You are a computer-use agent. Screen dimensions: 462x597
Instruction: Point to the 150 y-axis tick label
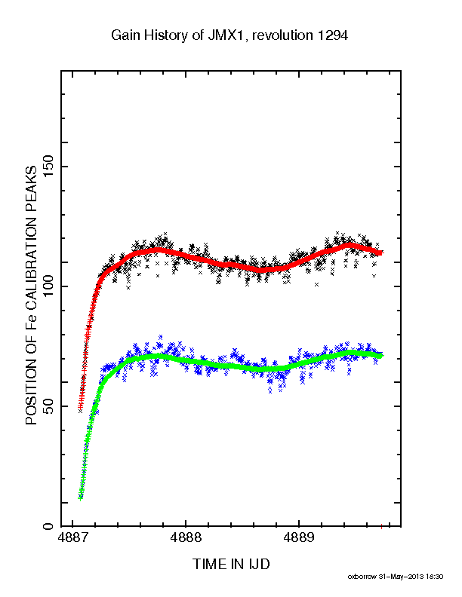point(49,167)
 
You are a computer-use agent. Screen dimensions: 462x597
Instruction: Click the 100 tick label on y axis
point(49,286)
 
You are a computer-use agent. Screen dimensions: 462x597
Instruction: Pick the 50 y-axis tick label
point(49,406)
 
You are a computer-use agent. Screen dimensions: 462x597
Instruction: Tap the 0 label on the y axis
point(49,526)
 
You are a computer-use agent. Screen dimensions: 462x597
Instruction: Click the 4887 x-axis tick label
point(72,537)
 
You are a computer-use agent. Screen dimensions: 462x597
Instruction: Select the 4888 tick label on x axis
point(186,537)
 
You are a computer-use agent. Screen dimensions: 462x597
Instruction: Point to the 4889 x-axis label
point(299,537)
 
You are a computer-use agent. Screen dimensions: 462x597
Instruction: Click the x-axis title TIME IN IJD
point(231,564)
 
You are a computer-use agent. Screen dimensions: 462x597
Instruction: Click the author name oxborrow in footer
point(362,577)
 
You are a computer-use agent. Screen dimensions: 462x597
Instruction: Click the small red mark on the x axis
point(381,527)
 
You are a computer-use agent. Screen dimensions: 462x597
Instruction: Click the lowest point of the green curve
point(80,497)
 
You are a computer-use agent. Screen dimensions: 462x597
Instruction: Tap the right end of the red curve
point(382,252)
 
